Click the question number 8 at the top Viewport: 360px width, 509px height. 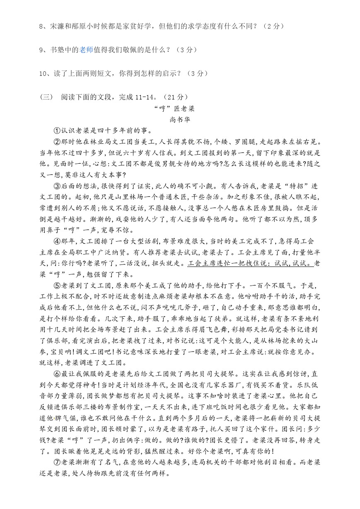click(x=41, y=26)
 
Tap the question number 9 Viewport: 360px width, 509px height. click(x=41, y=50)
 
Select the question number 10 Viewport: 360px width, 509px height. click(x=43, y=73)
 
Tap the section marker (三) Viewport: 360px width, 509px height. click(x=46, y=97)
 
